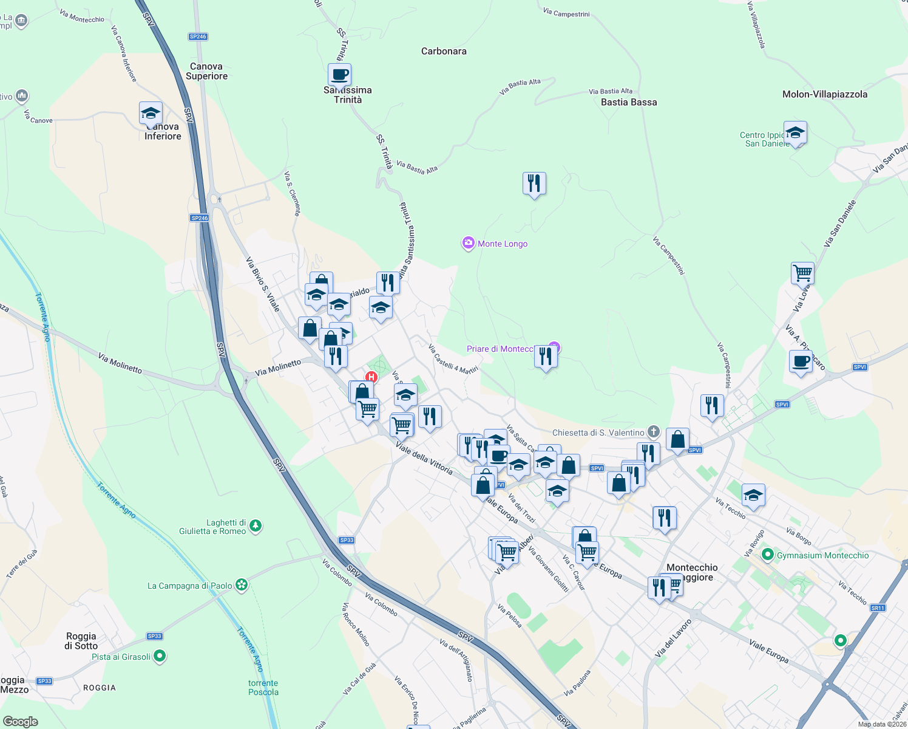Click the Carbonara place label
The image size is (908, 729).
tap(444, 52)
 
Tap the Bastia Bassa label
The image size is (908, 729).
tap(628, 102)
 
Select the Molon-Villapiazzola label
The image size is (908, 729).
tap(824, 94)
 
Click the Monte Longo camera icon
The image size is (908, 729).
tap(468, 244)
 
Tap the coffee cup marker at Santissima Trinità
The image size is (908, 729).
tap(340, 75)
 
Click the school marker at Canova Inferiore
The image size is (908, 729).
tap(151, 114)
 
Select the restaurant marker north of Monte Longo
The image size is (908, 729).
tap(534, 183)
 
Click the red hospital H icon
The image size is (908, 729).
tap(371, 377)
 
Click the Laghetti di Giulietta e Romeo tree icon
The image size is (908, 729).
tap(256, 525)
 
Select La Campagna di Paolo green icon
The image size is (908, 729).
tap(242, 585)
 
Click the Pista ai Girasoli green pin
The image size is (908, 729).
tap(160, 656)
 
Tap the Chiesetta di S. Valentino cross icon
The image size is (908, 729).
tap(653, 432)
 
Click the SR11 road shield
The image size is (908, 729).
tap(878, 607)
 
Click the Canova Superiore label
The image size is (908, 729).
tap(206, 71)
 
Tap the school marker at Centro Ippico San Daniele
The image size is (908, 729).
tap(794, 133)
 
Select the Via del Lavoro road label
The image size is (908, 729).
tap(673, 638)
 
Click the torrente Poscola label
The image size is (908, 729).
tap(263, 687)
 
